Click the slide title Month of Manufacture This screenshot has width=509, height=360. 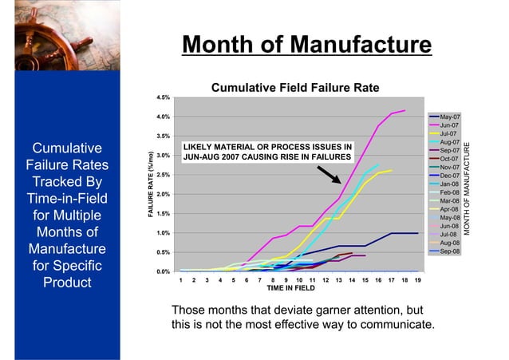[306, 44]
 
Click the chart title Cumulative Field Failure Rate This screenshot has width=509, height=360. [293, 88]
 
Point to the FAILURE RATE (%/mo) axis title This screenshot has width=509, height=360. [149, 184]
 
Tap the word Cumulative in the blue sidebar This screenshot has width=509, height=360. [66, 148]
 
